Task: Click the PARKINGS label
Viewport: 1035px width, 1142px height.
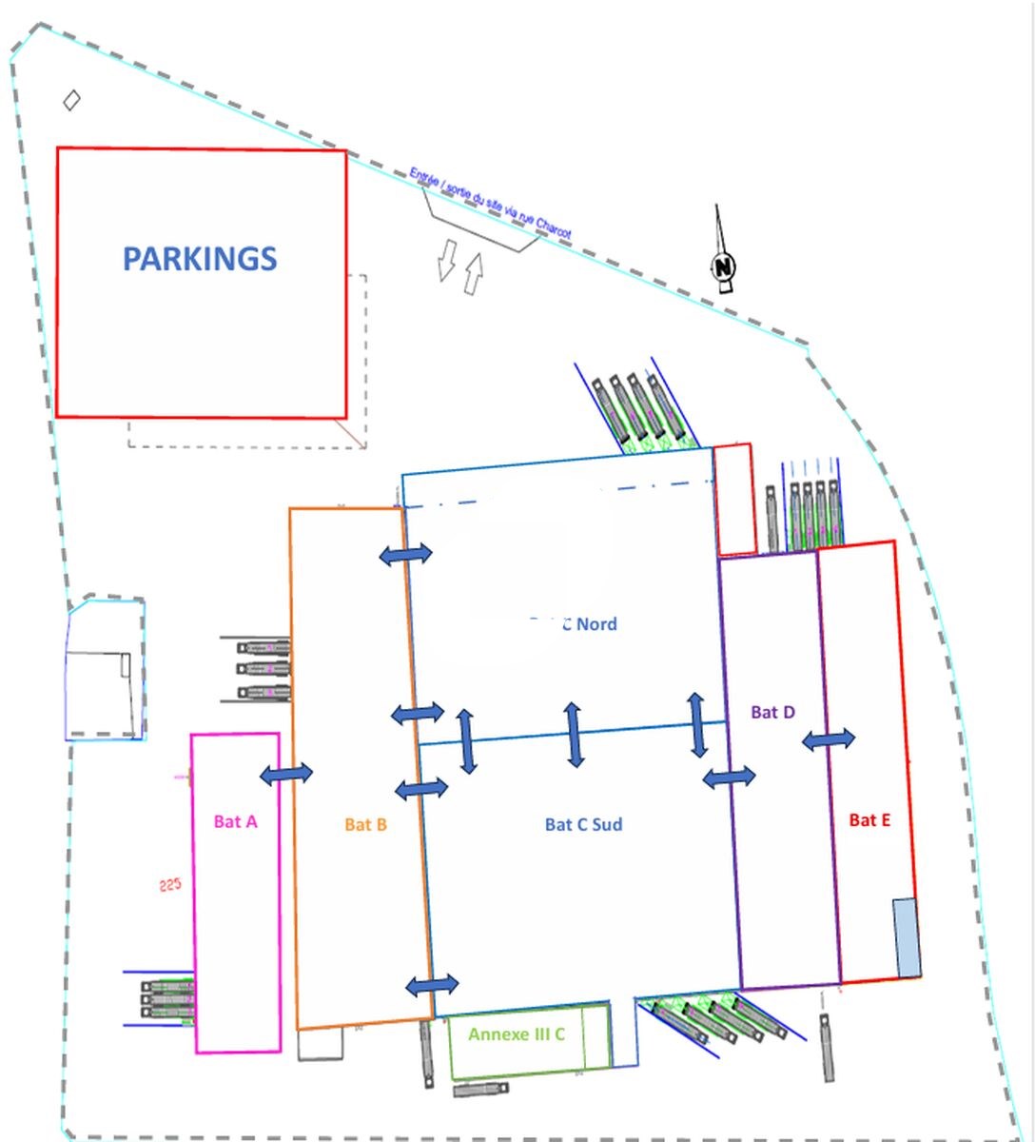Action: click(200, 259)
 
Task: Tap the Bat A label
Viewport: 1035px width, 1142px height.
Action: click(235, 821)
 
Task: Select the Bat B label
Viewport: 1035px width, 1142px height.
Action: click(365, 824)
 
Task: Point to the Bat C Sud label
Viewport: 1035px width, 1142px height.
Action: click(583, 824)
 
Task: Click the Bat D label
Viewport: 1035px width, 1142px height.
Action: click(772, 712)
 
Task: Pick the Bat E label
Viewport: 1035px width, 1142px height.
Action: click(869, 820)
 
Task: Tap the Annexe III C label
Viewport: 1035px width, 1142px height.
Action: click(517, 1034)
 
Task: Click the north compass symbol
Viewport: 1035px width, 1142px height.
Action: click(725, 265)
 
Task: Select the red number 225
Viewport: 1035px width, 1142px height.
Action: click(169, 885)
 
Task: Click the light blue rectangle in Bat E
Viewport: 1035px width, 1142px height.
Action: click(907, 937)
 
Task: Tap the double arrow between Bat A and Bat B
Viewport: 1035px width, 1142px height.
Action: click(286, 774)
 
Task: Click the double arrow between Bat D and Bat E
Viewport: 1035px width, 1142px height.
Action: click(829, 738)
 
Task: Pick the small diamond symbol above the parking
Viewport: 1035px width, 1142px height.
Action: click(71, 100)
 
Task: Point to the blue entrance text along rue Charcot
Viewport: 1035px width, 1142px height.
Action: click(490, 203)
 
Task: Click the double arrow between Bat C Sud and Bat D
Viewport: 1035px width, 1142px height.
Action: click(729, 778)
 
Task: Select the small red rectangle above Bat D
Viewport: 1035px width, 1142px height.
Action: click(733, 499)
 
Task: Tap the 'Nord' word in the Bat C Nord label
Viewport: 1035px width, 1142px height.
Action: click(596, 624)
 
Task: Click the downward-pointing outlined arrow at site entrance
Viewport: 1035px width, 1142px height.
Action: click(445, 260)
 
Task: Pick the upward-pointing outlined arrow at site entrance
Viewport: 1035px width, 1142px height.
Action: click(473, 273)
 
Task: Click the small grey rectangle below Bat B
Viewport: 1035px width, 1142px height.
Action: click(320, 1044)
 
